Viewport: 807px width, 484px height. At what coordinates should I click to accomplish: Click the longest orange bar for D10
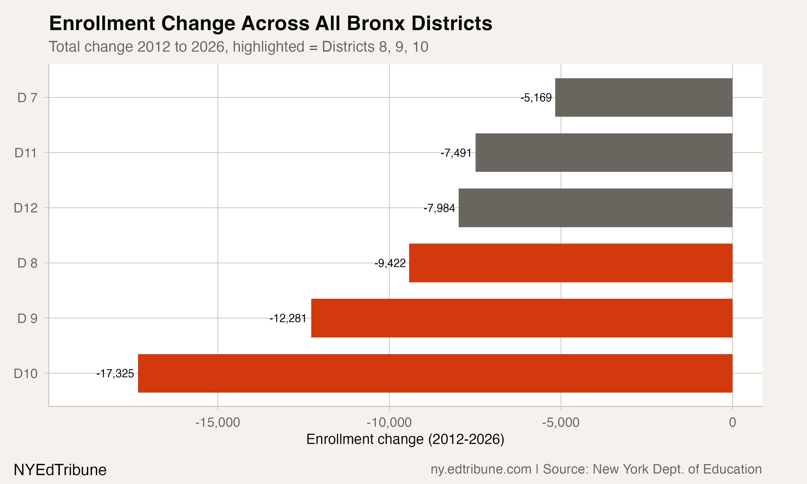pyautogui.click(x=435, y=373)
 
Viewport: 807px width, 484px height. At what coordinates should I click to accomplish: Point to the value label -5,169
pyautogui.click(x=536, y=98)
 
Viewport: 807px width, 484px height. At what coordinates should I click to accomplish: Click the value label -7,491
pyautogui.click(x=456, y=153)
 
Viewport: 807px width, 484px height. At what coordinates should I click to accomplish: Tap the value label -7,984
pyautogui.click(x=439, y=208)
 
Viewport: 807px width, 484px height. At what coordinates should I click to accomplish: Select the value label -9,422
pyautogui.click(x=390, y=263)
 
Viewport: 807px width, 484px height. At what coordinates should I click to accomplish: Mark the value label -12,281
pyautogui.click(x=288, y=318)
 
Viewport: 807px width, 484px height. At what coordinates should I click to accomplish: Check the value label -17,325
pyautogui.click(x=115, y=373)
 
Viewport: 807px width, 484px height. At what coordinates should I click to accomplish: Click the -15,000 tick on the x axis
pyautogui.click(x=218, y=422)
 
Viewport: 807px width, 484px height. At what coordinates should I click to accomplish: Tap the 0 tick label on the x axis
pyautogui.click(x=732, y=422)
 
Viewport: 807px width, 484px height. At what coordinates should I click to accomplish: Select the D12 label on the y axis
pyautogui.click(x=26, y=208)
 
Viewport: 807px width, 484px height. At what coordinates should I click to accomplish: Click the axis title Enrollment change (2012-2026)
pyautogui.click(x=405, y=439)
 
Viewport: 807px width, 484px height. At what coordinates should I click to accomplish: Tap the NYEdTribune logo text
pyautogui.click(x=60, y=470)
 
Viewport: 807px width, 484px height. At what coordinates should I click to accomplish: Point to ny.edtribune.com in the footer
pyautogui.click(x=481, y=469)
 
